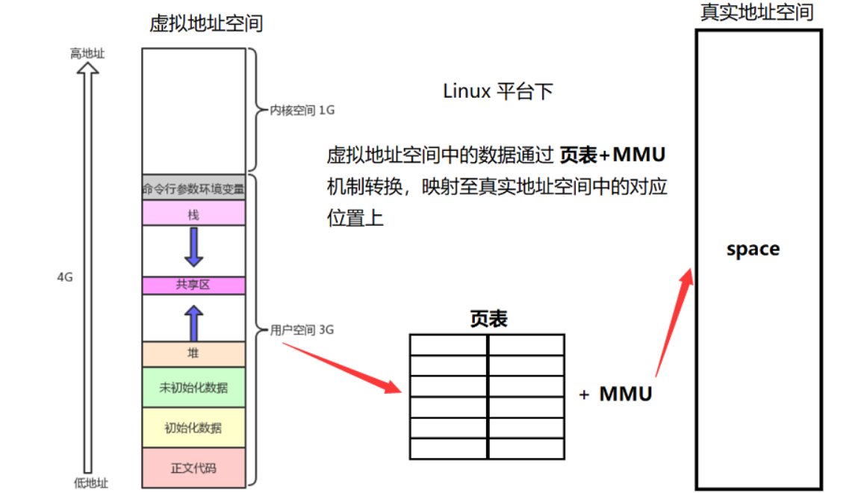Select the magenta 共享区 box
coord(193,285)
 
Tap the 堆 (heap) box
coord(193,354)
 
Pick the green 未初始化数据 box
coord(193,387)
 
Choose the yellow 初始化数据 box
coord(193,427)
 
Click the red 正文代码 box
coord(193,468)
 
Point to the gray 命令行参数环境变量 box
coord(193,187)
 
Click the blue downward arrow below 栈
coord(193,246)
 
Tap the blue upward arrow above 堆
coord(193,323)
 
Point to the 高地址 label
coord(88,54)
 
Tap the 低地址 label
coord(90,483)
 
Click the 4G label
coord(65,276)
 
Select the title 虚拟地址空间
coord(206,23)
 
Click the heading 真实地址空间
coord(756,12)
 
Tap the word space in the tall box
coord(753,249)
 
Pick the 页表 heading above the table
coord(488,319)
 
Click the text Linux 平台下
coord(498,91)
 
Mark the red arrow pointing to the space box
coord(672,321)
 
